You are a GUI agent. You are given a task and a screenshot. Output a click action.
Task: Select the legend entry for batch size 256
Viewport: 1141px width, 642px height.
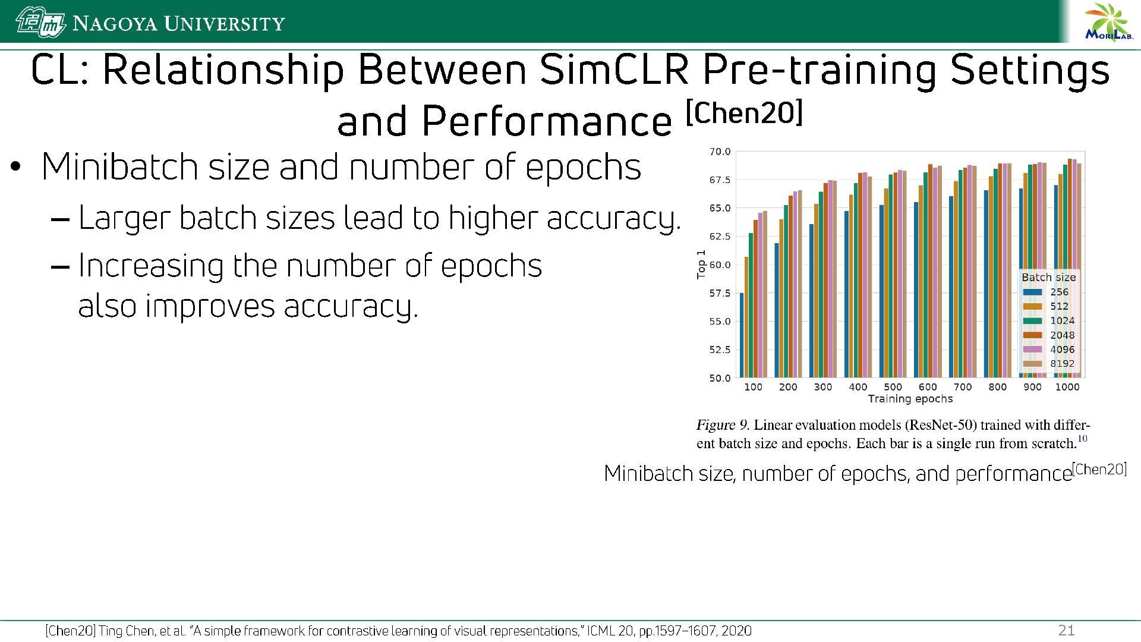point(1049,292)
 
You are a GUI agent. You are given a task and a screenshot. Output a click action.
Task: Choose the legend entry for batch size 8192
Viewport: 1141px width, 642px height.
point(1049,364)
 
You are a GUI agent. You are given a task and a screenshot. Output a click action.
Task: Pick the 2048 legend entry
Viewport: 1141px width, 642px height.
point(1049,335)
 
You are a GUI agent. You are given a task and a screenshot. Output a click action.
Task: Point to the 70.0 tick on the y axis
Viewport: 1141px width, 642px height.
point(720,152)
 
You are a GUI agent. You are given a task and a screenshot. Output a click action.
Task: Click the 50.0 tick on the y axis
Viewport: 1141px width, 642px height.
point(720,378)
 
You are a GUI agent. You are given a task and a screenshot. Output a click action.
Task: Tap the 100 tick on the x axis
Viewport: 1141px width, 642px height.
point(753,387)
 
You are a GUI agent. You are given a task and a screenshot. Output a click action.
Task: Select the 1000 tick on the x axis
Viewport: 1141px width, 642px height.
point(1067,387)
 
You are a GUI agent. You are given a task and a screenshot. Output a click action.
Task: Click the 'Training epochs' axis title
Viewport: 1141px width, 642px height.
point(910,399)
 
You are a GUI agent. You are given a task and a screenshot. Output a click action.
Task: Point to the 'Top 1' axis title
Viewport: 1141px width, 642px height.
point(701,264)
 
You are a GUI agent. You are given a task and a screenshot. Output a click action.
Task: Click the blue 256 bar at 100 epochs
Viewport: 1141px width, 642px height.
point(742,335)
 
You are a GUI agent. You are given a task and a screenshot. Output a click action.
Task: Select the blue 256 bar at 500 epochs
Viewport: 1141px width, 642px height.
point(881,291)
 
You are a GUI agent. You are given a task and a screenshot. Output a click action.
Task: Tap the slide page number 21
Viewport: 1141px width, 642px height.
point(1067,631)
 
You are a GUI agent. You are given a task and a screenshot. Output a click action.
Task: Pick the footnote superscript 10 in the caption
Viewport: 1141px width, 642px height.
point(1082,439)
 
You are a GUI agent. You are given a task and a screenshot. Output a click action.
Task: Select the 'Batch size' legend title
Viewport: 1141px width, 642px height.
point(1048,278)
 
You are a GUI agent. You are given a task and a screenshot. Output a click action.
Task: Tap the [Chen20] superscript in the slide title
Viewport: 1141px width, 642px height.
point(744,113)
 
